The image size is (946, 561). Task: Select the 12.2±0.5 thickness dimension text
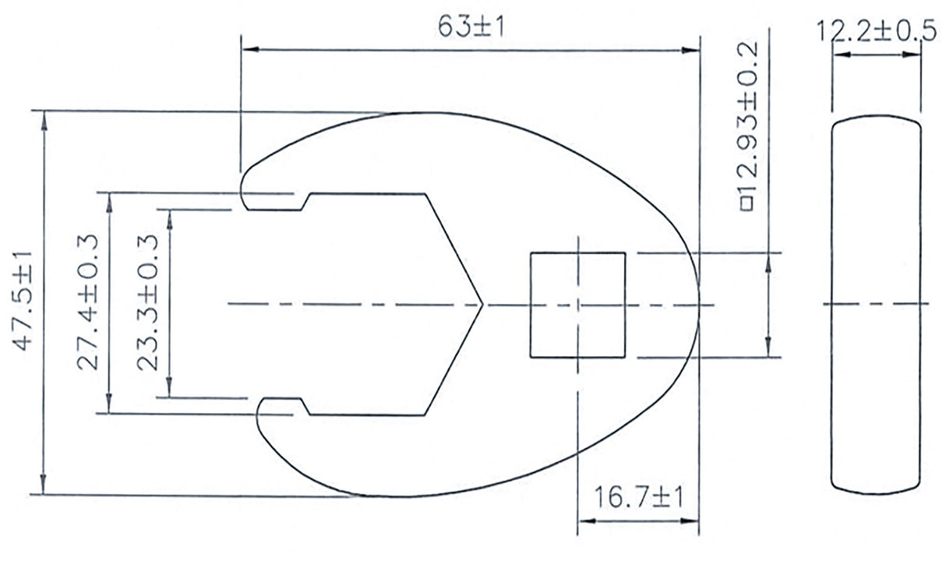pyautogui.click(x=876, y=32)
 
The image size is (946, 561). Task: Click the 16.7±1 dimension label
pyautogui.click(x=637, y=497)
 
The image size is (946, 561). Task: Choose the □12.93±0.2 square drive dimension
pyautogui.click(x=748, y=131)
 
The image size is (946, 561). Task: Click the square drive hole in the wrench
pyautogui.click(x=577, y=305)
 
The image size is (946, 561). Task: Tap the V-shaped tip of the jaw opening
pyautogui.click(x=482, y=305)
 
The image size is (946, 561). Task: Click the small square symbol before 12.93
pyautogui.click(x=748, y=204)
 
